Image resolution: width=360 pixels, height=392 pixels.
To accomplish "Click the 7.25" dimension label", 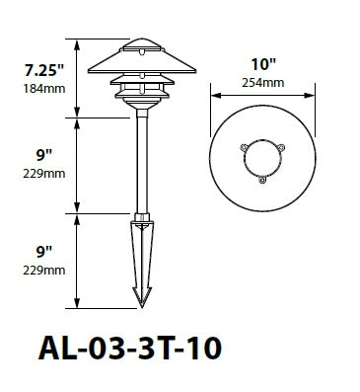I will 43,71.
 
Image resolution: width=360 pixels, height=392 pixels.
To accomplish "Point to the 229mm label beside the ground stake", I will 44,269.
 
